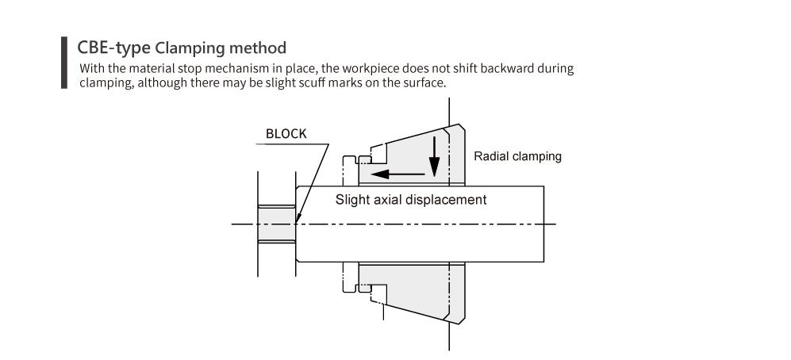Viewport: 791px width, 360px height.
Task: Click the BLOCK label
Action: pos(286,134)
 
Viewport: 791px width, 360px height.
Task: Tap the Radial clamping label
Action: pos(517,156)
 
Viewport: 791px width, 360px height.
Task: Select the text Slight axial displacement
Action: pos(411,200)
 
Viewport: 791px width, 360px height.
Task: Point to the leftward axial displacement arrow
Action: pos(397,174)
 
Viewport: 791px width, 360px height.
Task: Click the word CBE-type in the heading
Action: pos(113,48)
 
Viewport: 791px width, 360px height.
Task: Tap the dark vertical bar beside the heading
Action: pos(64,63)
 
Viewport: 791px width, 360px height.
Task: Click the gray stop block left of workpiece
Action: pos(276,224)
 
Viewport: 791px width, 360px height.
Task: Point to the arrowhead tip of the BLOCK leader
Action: pos(296,222)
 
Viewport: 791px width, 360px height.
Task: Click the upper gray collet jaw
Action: pos(411,154)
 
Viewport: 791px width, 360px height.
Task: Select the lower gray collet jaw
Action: pos(411,293)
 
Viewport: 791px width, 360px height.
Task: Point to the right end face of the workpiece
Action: pos(543,224)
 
